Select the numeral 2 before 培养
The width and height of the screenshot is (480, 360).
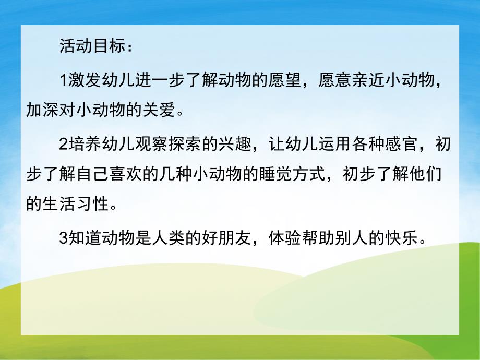(65, 145)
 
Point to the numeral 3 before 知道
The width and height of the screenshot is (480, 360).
(65, 239)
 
